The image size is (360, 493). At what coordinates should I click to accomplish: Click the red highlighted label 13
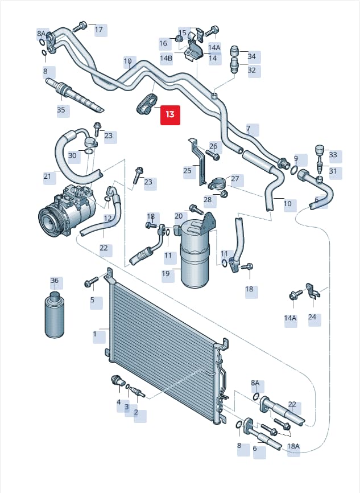(x=170, y=115)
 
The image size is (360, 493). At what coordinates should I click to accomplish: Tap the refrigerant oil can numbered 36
(x=55, y=315)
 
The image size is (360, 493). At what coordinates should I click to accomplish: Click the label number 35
(x=61, y=110)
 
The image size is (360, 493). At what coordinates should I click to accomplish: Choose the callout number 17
(x=98, y=30)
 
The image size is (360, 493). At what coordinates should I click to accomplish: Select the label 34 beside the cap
(x=251, y=56)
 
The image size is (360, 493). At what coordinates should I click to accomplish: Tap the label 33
(x=333, y=155)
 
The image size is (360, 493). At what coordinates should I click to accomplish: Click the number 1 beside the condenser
(x=95, y=334)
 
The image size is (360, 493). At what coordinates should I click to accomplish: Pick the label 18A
(x=293, y=446)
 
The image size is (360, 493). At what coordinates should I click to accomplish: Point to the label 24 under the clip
(x=312, y=317)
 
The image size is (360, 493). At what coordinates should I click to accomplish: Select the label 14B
(x=166, y=58)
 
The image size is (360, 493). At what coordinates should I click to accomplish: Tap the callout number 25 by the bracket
(x=187, y=171)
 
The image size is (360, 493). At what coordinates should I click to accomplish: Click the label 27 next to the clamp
(x=235, y=179)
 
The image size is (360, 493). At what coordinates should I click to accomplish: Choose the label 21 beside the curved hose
(x=47, y=176)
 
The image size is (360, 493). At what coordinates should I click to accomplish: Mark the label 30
(x=72, y=155)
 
